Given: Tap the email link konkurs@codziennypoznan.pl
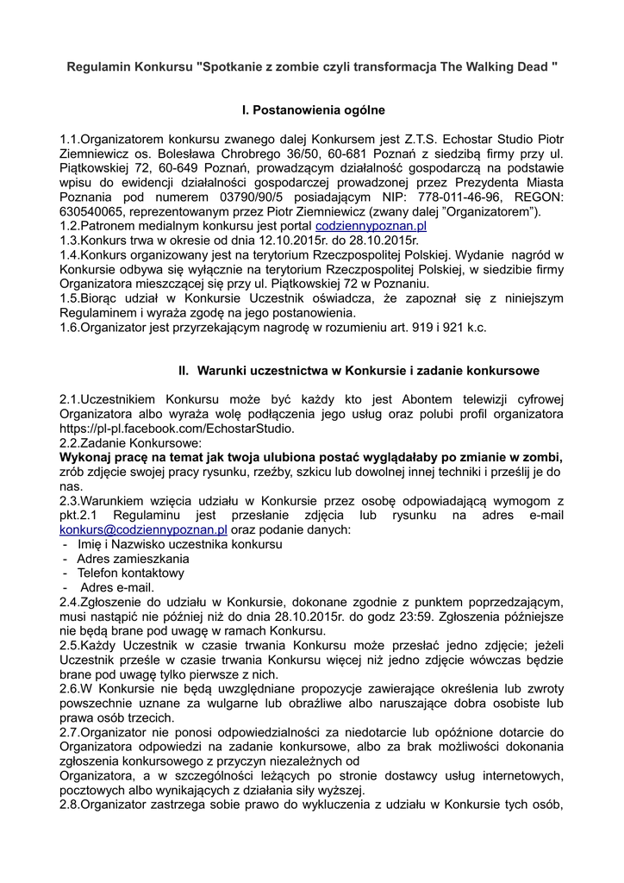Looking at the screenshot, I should tap(143, 529).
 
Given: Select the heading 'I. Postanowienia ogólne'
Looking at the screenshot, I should tap(312, 110).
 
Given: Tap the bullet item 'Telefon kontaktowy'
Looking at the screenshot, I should tap(130, 573).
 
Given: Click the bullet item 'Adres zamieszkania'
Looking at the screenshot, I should tap(133, 559).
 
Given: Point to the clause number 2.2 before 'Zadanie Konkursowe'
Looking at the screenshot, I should tap(69, 442).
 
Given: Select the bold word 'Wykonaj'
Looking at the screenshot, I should tap(84, 457).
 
